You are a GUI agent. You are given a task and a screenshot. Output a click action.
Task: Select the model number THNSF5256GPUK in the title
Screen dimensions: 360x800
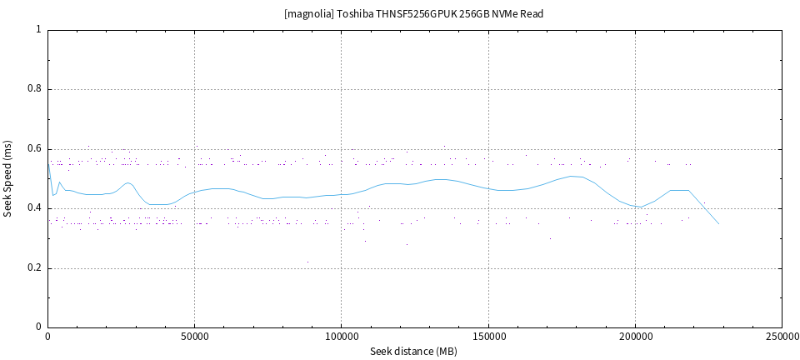(x=417, y=14)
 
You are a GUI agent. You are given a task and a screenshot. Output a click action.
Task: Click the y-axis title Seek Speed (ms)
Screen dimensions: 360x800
(x=8, y=178)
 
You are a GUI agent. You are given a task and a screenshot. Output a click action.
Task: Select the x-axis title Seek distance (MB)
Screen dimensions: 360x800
(x=413, y=352)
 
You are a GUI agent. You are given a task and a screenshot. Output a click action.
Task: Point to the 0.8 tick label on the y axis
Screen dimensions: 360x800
(x=34, y=89)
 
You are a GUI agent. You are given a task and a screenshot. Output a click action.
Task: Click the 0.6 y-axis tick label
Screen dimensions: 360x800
(x=34, y=149)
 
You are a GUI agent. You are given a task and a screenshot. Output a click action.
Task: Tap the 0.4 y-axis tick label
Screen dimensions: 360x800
(x=34, y=208)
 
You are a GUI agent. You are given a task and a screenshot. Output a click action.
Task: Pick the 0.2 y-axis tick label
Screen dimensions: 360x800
(x=34, y=268)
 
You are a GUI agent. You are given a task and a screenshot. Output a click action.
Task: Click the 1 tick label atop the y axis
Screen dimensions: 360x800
(x=38, y=29)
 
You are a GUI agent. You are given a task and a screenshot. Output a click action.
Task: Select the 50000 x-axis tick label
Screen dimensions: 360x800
(x=194, y=337)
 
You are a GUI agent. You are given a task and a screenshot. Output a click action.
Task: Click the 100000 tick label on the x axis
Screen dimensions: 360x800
(x=341, y=337)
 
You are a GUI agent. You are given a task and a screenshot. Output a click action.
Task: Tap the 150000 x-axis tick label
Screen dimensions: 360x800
(x=487, y=337)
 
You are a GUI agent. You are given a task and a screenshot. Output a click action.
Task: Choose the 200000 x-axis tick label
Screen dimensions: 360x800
(x=635, y=337)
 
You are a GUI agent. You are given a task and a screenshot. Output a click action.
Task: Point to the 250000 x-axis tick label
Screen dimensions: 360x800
(x=781, y=337)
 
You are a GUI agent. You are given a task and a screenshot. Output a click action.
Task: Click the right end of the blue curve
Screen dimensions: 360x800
(x=718, y=223)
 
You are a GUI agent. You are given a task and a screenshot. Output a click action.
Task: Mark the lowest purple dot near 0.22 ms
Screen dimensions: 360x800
(x=307, y=262)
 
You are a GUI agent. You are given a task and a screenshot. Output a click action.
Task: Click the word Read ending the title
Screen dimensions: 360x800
(x=532, y=14)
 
